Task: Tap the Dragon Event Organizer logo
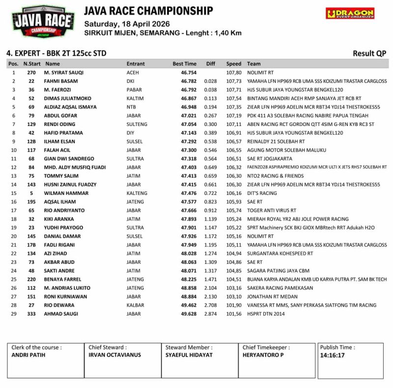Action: (x=350, y=13)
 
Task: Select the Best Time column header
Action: (x=184, y=64)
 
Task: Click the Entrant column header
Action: (x=136, y=64)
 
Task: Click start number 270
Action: (x=31, y=72)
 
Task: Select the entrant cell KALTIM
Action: (x=134, y=98)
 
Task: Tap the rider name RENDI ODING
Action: (x=60, y=124)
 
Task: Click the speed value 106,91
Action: (x=234, y=133)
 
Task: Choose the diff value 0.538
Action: (x=210, y=141)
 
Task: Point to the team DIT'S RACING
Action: (x=262, y=193)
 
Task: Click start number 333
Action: (x=31, y=314)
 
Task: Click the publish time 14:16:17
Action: (x=332, y=355)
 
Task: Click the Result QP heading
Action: (x=369, y=53)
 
